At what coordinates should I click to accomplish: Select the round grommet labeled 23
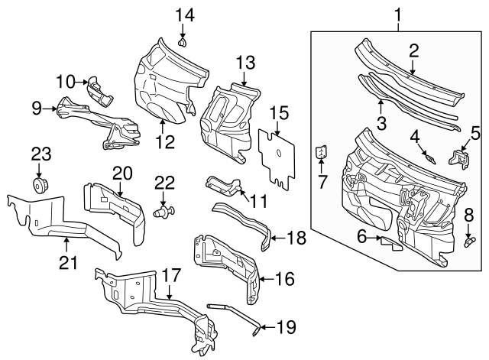pyautogui.click(x=38, y=186)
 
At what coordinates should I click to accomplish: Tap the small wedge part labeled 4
pyautogui.click(x=430, y=157)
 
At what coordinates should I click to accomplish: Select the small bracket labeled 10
pyautogui.click(x=99, y=89)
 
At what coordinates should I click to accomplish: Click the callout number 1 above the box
pyautogui.click(x=398, y=13)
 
